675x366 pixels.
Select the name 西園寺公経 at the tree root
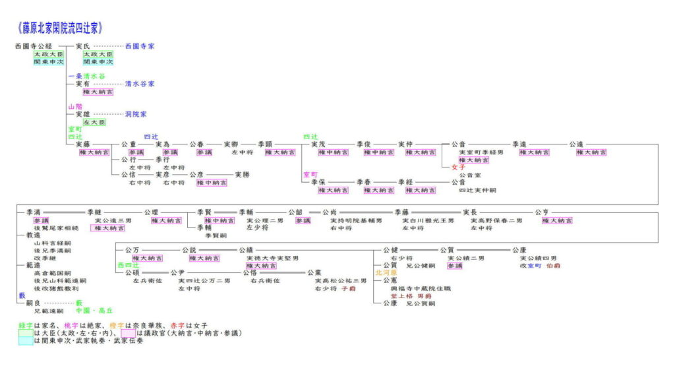(x=34, y=47)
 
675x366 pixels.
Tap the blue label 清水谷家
(x=140, y=84)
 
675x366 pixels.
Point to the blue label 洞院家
(x=136, y=115)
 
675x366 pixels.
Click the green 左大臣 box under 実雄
(x=94, y=123)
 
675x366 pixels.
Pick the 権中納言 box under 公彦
(x=212, y=183)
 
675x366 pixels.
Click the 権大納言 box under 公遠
(x=591, y=152)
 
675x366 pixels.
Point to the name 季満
(x=34, y=212)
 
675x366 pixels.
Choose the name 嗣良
(x=34, y=303)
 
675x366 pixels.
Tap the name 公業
(x=314, y=273)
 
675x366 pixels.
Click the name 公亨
(x=542, y=212)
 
